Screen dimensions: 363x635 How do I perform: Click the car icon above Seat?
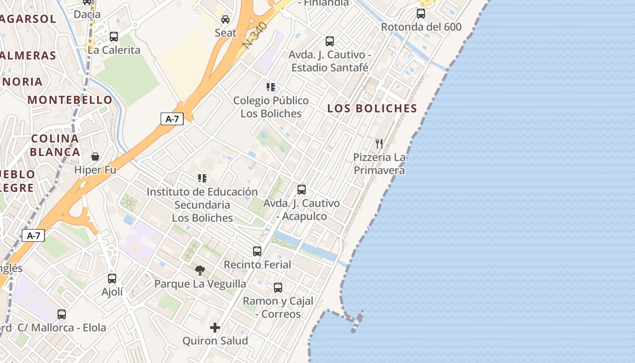[225, 19]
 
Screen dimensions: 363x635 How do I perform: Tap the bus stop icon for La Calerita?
[114, 36]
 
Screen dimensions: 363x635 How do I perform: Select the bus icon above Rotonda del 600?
[421, 13]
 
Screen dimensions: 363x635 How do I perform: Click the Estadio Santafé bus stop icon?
[330, 41]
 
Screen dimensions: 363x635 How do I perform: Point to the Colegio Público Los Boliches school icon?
[271, 87]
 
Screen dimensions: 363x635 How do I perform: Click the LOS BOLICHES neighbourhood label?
[372, 108]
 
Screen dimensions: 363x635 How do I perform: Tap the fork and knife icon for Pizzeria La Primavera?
[379, 144]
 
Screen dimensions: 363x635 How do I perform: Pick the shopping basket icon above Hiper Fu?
[95, 157]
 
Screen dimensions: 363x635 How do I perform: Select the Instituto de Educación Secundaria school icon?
[202, 178]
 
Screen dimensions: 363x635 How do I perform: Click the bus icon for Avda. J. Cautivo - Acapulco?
[302, 189]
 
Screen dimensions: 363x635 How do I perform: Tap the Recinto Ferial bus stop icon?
[257, 251]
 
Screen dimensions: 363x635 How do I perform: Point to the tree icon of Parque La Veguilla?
[200, 270]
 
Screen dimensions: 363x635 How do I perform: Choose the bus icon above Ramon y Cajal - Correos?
[278, 287]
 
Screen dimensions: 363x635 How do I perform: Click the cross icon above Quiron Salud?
[215, 327]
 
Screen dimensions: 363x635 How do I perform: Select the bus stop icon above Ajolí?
[112, 278]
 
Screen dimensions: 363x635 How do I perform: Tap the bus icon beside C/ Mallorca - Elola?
[62, 314]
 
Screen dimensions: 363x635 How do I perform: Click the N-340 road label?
[255, 35]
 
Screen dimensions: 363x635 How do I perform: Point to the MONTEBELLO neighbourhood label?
[70, 100]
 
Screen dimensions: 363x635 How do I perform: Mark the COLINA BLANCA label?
[55, 145]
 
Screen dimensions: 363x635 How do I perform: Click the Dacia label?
[87, 15]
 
